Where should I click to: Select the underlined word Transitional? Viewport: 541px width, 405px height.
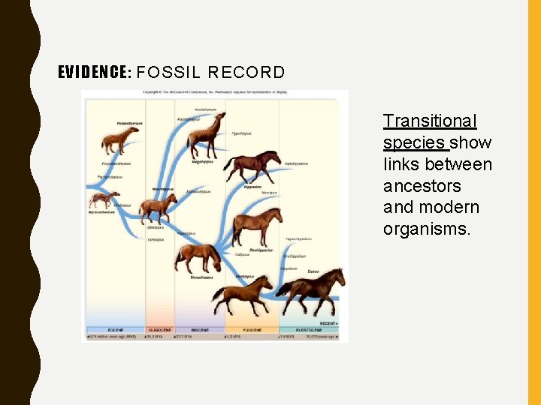coord(430,121)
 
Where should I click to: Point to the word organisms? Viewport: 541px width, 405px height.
coord(427,228)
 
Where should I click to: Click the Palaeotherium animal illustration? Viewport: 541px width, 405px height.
coord(120,138)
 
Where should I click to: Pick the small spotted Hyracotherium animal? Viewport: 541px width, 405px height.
coord(103,199)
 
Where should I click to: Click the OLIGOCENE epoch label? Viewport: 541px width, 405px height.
coord(159,330)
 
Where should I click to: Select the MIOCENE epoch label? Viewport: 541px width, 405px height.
coord(199,330)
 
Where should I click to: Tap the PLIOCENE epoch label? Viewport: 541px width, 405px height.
coord(251,330)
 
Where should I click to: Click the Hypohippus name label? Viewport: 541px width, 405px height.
coord(241,133)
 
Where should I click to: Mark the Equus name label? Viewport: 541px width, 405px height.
coord(313,271)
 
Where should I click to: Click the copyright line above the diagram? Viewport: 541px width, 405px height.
coord(215,93)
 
